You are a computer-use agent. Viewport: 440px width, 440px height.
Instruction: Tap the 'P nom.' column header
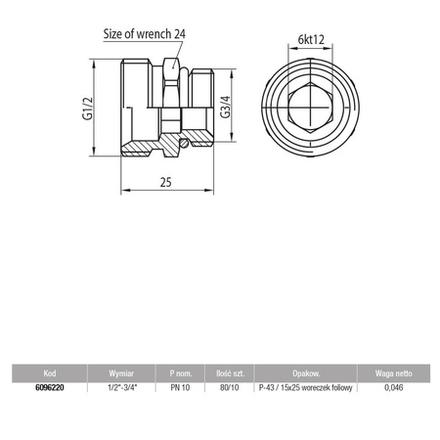click(x=179, y=374)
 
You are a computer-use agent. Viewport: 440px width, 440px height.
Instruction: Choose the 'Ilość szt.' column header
click(x=230, y=374)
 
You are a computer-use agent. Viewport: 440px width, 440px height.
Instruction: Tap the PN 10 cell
click(x=179, y=387)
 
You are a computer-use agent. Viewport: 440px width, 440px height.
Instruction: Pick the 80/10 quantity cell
click(x=230, y=387)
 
